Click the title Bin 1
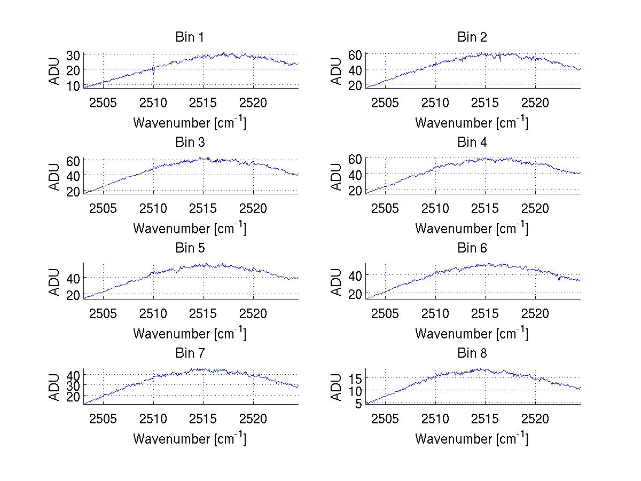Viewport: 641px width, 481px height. click(190, 37)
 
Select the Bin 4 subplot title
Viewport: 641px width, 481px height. click(472, 143)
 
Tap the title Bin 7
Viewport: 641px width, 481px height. click(190, 353)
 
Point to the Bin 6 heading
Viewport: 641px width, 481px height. click(472, 248)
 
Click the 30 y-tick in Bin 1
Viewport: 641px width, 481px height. click(73, 55)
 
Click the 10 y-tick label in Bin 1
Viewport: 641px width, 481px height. click(73, 85)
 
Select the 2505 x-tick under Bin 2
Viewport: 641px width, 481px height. click(385, 102)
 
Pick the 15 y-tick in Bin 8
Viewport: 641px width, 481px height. click(355, 379)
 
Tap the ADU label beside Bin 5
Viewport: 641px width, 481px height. click(54, 282)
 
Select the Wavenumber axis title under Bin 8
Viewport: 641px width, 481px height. click(472, 438)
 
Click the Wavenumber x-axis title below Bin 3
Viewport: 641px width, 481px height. click(190, 228)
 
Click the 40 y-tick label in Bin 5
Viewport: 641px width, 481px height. click(73, 278)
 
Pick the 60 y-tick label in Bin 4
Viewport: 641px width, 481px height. click(355, 159)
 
